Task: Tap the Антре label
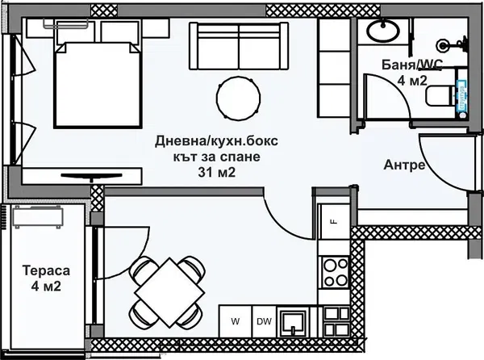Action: [x=403, y=165]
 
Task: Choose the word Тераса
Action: [x=45, y=271]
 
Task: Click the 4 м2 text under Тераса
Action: [x=45, y=287]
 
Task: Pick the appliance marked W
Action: [x=236, y=321]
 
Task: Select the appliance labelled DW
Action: [x=263, y=321]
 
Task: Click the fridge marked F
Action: [x=332, y=220]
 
